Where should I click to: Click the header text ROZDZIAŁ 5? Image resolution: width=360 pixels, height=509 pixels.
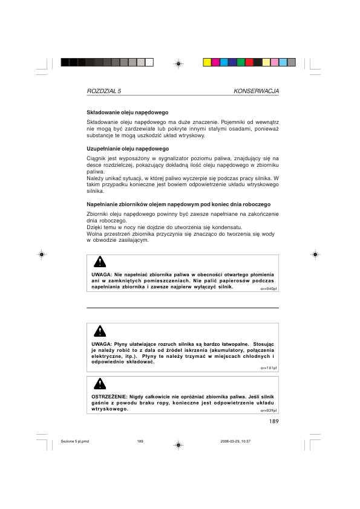tap(104, 91)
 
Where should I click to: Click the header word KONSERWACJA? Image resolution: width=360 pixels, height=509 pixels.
tap(256, 91)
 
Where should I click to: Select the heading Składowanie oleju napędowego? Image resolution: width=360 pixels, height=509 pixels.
tap(127, 112)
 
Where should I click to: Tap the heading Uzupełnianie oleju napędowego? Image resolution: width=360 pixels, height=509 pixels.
tap(128, 149)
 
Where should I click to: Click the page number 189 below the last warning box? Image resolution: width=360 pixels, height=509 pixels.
tap(273, 421)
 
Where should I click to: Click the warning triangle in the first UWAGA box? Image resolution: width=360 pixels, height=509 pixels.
tap(100, 262)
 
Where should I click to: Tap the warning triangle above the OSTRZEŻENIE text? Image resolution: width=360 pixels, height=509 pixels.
tap(100, 383)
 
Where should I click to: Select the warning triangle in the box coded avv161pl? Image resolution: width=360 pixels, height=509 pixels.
tap(100, 331)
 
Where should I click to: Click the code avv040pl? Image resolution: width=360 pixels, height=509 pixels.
tap(269, 289)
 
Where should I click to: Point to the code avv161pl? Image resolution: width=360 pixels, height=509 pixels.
tap(269, 368)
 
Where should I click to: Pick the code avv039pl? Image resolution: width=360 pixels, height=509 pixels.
tap(269, 410)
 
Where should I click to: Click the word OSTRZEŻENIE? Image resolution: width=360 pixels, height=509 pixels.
tap(109, 397)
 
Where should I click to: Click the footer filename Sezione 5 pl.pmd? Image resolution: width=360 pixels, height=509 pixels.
tap(74, 441)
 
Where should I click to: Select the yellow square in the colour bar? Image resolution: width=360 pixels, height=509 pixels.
tap(207, 62)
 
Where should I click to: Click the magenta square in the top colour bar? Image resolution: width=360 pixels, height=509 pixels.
tap(215, 62)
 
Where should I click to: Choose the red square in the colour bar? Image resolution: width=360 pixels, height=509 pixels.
tap(249, 62)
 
